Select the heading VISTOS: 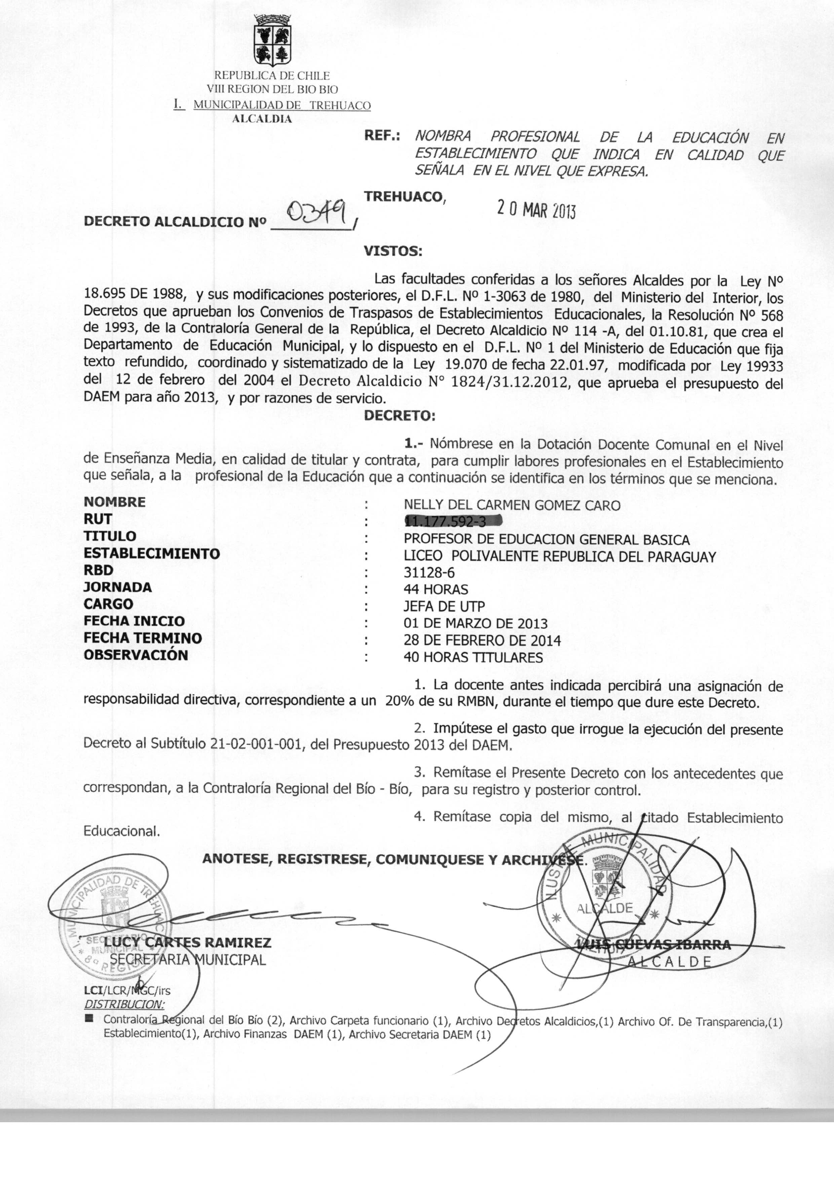click(393, 251)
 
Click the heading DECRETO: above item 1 click(399, 416)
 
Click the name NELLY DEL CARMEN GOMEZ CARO click(512, 506)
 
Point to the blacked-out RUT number click(452, 522)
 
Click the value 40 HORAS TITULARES click(473, 658)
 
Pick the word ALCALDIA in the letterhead click(262, 119)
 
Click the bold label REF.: click(382, 136)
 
